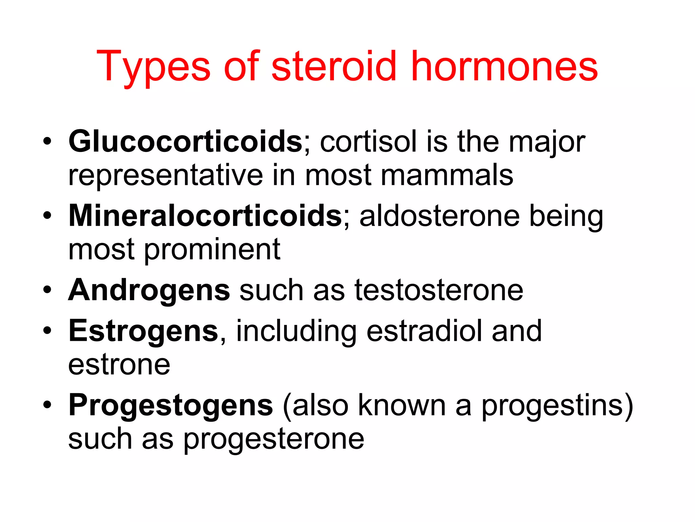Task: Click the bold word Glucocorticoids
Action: pos(185,142)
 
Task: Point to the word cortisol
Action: pos(368,142)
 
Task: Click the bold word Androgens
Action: pos(149,291)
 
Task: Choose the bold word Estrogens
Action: pos(143,331)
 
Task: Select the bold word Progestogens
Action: pos(171,405)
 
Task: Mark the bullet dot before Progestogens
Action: pos(47,404)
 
